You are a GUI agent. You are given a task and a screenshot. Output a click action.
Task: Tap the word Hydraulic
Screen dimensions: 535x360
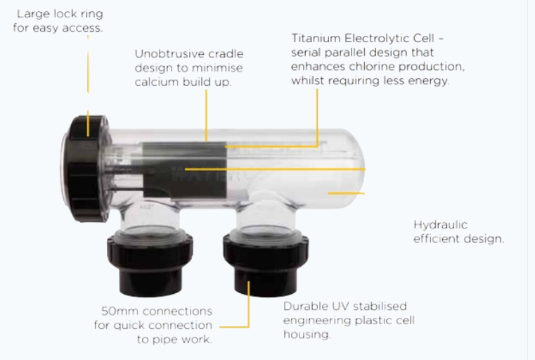[440, 225]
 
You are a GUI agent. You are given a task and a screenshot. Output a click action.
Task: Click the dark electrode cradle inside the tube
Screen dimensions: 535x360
[185, 169]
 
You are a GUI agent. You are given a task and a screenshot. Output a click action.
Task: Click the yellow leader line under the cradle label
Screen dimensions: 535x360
[206, 115]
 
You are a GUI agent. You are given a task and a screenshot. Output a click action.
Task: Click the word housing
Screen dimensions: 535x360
[307, 335]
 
